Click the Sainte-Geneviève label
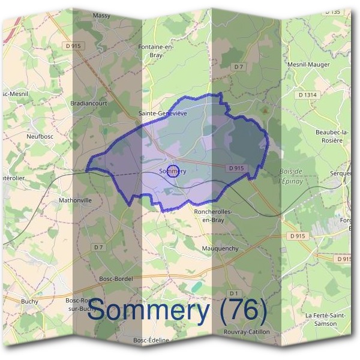(163, 113)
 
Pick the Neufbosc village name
(40, 136)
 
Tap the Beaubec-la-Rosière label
(329, 136)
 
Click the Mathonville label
(76, 200)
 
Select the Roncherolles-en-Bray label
(213, 215)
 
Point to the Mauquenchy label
(220, 248)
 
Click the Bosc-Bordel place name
(116, 279)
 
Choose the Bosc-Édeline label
(151, 340)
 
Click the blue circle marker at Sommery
(172, 171)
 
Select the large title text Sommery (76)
(177, 311)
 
